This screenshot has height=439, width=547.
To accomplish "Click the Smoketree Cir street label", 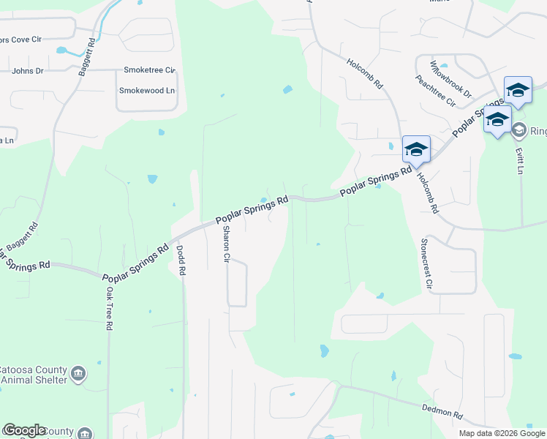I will (x=150, y=70).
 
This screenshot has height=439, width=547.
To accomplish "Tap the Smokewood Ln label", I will (x=147, y=91).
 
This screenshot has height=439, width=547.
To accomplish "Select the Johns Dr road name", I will (x=28, y=72).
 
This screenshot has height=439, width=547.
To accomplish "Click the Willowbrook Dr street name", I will (x=451, y=79).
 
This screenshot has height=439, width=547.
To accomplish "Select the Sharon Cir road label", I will (x=226, y=244).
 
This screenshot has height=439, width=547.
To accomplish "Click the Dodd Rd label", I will (x=181, y=260).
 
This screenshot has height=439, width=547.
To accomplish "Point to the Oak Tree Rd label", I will (x=108, y=308).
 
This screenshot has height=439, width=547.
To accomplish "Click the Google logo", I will (x=25, y=430).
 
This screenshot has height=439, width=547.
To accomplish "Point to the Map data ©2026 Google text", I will (x=501, y=433).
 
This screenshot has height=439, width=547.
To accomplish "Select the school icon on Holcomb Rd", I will (x=415, y=149).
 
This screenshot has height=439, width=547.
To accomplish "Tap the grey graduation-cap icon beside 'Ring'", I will (x=519, y=131).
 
